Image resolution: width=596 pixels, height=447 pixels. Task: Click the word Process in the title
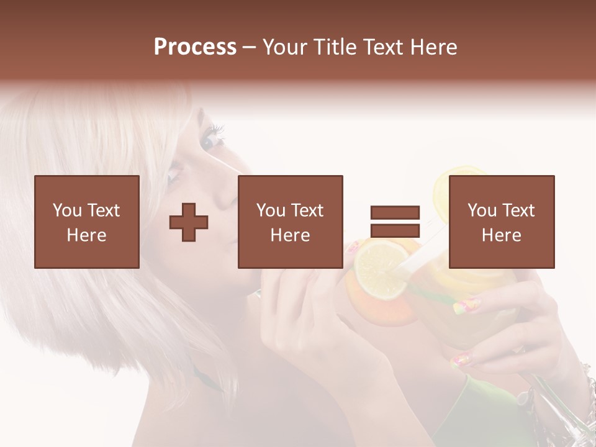pyautogui.click(x=195, y=47)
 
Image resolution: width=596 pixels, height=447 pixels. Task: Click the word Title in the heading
pyautogui.click(x=334, y=47)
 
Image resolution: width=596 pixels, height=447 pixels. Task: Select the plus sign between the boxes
pyautogui.click(x=189, y=222)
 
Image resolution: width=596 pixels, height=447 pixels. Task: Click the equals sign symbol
pyautogui.click(x=395, y=222)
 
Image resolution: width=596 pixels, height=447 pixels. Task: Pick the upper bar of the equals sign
pyautogui.click(x=395, y=213)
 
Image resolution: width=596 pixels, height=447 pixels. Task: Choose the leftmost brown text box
pyautogui.click(x=87, y=222)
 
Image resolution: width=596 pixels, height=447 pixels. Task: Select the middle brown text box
pyautogui.click(x=291, y=222)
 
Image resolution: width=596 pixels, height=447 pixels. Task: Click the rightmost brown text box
pyautogui.click(x=502, y=222)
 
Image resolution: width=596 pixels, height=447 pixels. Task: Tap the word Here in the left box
pyautogui.click(x=86, y=235)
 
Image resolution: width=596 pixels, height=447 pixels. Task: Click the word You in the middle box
pyautogui.click(x=271, y=210)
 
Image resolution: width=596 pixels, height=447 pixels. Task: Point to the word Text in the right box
pyautogui.click(x=518, y=210)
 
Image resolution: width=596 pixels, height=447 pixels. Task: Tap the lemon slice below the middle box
pyautogui.click(x=379, y=269)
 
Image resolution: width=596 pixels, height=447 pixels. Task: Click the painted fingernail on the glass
pyautogui.click(x=468, y=305)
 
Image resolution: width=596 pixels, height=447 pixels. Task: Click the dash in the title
pyautogui.click(x=250, y=48)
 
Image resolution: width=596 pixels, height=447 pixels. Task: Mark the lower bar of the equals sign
pyautogui.click(x=395, y=230)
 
